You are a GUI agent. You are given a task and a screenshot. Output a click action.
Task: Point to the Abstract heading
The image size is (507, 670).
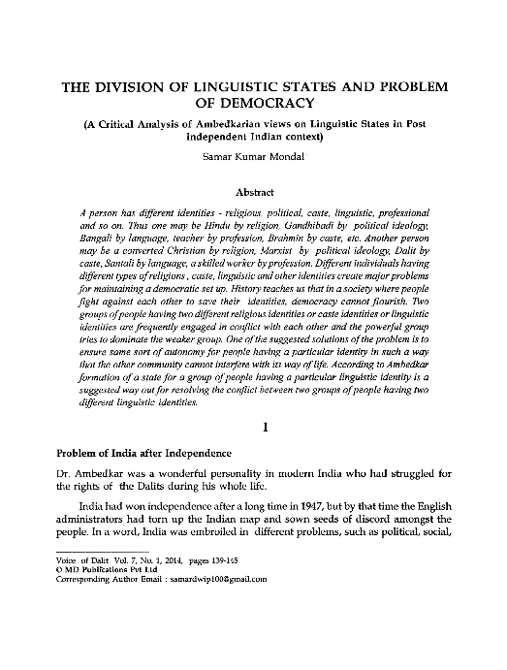(x=252, y=193)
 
